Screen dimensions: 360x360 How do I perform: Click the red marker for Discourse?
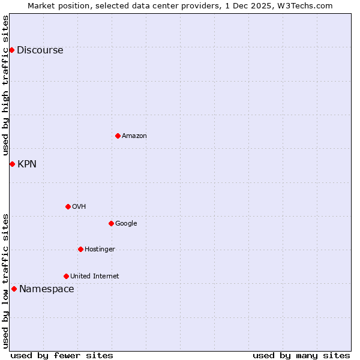point(11,50)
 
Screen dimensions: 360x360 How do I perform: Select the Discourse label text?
point(40,50)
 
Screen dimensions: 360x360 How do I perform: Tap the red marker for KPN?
point(11,164)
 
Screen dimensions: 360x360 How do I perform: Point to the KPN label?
point(27,164)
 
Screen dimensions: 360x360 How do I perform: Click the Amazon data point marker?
point(118,136)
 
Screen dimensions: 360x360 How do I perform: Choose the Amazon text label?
point(134,136)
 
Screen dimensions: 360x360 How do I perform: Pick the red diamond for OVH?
point(68,206)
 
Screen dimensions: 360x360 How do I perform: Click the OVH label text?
point(79,207)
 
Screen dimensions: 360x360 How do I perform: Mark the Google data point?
point(111,223)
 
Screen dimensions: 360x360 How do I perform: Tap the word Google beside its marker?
point(126,224)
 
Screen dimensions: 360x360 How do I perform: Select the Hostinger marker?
point(80,249)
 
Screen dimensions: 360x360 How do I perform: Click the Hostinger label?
point(100,250)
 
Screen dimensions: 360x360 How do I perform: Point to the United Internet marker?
point(66,276)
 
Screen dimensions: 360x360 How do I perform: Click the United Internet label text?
point(94,277)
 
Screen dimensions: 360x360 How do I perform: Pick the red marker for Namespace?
point(14,289)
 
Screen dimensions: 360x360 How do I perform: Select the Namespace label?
point(46,289)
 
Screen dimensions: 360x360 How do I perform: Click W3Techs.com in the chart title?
point(309,5)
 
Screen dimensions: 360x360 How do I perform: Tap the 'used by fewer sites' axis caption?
point(62,355)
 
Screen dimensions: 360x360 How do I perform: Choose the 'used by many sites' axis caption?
point(301,355)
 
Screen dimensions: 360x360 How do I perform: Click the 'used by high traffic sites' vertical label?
point(5,85)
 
